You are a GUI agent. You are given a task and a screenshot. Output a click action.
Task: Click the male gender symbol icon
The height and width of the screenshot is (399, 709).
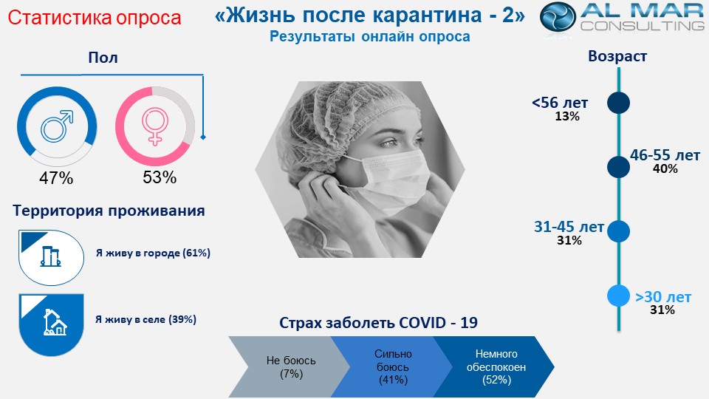pyautogui.click(x=57, y=126)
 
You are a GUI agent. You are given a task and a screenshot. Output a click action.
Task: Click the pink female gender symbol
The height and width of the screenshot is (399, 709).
pyautogui.click(x=155, y=126)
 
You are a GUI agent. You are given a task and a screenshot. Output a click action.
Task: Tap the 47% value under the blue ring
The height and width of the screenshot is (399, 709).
pyautogui.click(x=56, y=178)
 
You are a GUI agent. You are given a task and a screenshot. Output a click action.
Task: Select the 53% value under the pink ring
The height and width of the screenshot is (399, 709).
pyautogui.click(x=160, y=177)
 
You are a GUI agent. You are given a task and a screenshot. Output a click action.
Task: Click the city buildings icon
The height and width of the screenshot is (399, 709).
pyautogui.click(x=51, y=256)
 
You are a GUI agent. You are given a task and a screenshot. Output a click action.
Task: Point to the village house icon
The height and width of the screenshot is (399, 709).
pyautogui.click(x=55, y=322)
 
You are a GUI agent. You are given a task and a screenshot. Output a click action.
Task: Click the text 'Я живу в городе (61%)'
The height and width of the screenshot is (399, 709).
pyautogui.click(x=153, y=253)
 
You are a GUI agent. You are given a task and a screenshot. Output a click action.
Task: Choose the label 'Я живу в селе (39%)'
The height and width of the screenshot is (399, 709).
pyautogui.click(x=145, y=319)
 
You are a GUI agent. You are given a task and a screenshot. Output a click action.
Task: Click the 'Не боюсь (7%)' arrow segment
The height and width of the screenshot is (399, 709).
pyautogui.click(x=290, y=367)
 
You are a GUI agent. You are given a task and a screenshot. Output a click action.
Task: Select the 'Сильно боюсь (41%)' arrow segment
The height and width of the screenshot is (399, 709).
pyautogui.click(x=392, y=367)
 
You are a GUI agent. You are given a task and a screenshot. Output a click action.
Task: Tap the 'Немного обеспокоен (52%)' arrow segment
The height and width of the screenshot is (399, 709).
pyautogui.click(x=496, y=367)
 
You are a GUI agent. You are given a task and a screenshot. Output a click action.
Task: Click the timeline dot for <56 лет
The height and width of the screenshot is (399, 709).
pyautogui.click(x=618, y=103)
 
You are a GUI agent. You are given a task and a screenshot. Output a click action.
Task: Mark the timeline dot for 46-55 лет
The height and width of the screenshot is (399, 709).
pyautogui.click(x=618, y=167)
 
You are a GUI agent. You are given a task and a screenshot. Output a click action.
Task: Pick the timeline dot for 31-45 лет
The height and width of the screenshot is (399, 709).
pyautogui.click(x=618, y=231)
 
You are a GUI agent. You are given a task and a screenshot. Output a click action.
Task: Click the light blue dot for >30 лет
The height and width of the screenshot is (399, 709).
pyautogui.click(x=618, y=296)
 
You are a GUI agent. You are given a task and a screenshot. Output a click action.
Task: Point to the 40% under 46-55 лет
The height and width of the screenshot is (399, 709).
pyautogui.click(x=665, y=169)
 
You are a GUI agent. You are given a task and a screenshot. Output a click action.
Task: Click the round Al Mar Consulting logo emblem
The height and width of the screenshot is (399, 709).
pyautogui.click(x=558, y=17)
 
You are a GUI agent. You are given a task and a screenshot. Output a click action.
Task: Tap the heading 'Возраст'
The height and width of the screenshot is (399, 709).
pyautogui.click(x=617, y=56)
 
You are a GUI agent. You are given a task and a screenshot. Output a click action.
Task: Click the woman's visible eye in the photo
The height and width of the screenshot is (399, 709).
pyautogui.click(x=390, y=143)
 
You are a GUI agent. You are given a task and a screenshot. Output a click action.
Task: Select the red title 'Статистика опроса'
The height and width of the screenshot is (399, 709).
pyautogui.click(x=95, y=18)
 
